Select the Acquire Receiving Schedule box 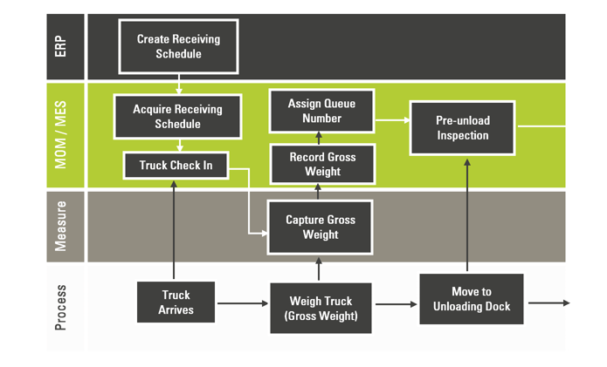tap(177, 117)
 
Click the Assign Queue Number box tap(321, 110)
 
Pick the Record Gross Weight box tap(321, 164)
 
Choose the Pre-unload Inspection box tap(462, 128)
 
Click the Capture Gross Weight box tap(321, 228)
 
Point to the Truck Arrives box tap(176, 302)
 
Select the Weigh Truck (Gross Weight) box tap(321, 308)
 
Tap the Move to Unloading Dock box tap(471, 299)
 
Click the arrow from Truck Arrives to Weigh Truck tap(242, 303)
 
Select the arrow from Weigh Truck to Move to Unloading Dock tap(396, 304)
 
